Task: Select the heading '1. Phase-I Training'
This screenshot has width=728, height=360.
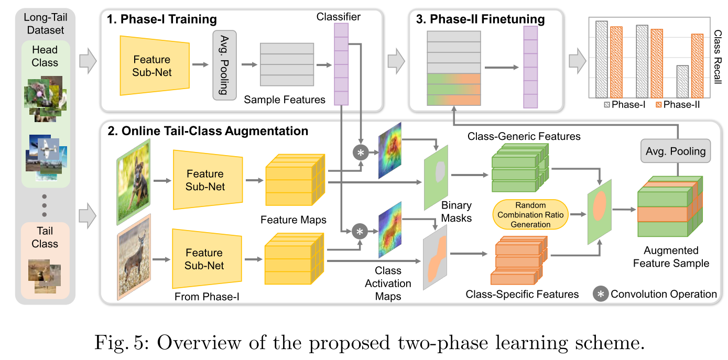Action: tap(161, 20)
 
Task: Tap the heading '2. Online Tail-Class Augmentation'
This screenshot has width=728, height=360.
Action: tap(208, 130)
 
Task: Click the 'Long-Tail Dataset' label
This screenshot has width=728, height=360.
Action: tap(45, 24)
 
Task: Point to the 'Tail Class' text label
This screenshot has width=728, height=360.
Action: tap(45, 237)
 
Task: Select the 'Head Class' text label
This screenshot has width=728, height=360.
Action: tap(45, 56)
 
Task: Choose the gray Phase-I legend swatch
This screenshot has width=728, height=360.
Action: tap(609, 105)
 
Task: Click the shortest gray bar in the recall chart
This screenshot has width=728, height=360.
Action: tap(682, 81)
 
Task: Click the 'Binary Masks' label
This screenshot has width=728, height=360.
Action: tap(456, 211)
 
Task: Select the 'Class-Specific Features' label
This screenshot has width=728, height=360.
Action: tap(522, 294)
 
